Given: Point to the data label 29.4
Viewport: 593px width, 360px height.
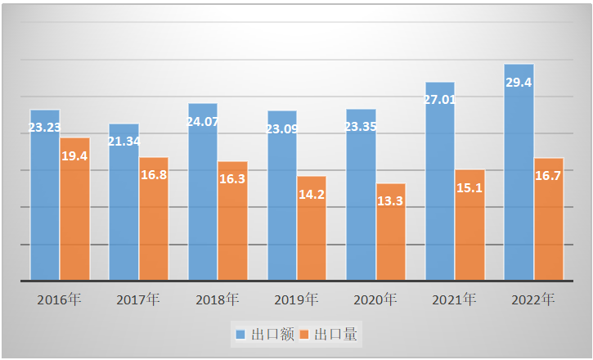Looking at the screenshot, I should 519,83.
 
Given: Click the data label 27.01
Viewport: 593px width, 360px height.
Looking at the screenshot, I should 441,100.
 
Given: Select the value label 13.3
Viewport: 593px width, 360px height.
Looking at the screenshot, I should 390,200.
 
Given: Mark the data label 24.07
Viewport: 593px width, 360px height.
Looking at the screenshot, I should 204,122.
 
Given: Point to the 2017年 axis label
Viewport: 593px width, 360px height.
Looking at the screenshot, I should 137,299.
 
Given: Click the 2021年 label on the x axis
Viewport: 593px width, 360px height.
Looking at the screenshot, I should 454,299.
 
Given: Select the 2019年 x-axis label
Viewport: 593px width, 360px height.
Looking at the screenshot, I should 296,299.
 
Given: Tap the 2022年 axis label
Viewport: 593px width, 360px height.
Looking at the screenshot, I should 533,299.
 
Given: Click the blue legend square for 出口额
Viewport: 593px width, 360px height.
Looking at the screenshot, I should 240,334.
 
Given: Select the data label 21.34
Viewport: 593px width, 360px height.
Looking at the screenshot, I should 124,142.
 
